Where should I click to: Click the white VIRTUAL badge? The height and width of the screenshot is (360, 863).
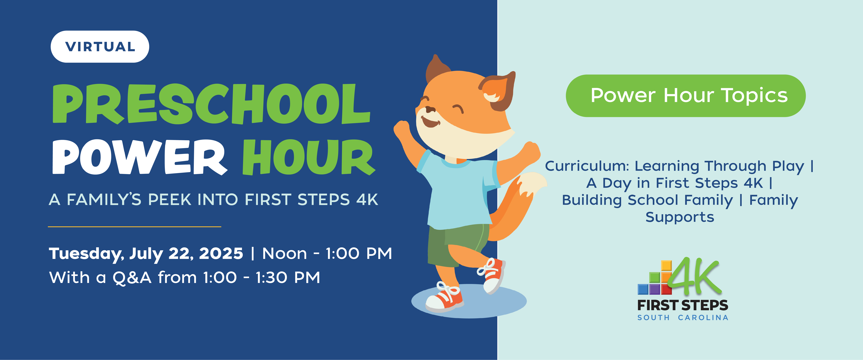[100, 47]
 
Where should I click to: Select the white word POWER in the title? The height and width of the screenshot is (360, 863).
[140, 157]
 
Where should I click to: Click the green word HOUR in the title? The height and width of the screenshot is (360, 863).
[309, 157]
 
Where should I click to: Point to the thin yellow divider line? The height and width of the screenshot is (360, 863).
[134, 227]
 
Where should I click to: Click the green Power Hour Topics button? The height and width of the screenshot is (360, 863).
[685, 96]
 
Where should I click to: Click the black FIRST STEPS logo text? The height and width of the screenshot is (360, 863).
[682, 305]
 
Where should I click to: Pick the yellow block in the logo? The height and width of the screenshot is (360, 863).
[666, 265]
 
